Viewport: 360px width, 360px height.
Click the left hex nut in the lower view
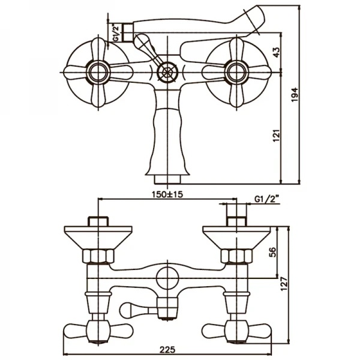[x=98, y=257]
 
